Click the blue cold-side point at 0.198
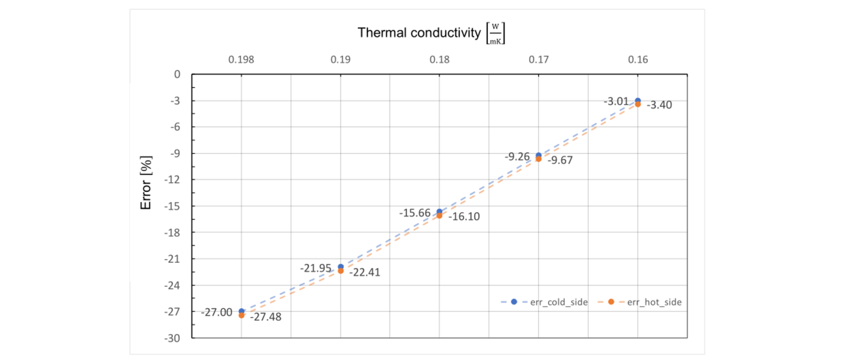[241, 311]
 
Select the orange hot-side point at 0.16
[638, 104]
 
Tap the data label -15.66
[415, 213]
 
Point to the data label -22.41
[365, 272]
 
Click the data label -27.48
[266, 317]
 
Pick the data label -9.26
[517, 157]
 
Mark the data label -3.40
[659, 105]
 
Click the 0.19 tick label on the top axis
[341, 60]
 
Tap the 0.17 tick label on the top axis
[539, 60]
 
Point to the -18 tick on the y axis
[172, 233]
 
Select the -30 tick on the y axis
[172, 338]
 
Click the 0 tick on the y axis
[177, 75]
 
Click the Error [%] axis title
[146, 183]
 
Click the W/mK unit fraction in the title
[495, 34]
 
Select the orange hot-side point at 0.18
[439, 215]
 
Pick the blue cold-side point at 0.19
[341, 267]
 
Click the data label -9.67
[560, 160]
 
